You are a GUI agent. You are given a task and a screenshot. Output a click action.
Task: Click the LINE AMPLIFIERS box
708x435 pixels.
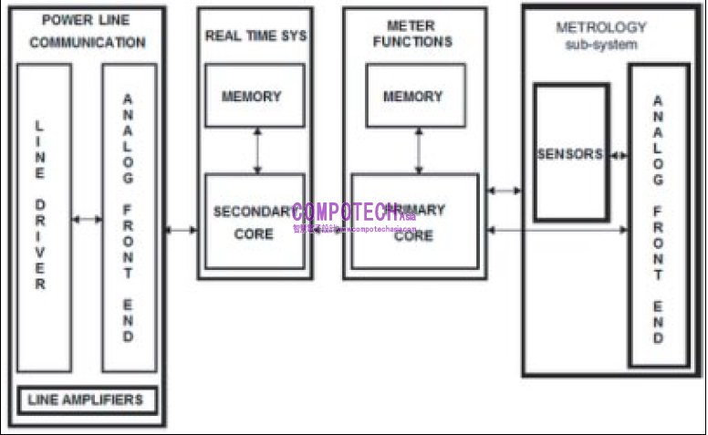(87, 399)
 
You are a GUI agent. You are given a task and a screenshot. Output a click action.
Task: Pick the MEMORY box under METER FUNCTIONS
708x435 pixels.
(415, 96)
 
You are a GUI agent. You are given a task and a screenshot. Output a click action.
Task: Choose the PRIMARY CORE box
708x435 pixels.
(415, 222)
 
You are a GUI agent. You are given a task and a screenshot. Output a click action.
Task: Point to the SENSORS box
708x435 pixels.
(571, 153)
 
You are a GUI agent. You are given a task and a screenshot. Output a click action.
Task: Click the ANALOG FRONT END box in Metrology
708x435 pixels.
(658, 215)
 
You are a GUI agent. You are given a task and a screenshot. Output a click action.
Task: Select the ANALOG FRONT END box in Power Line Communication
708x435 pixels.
(129, 219)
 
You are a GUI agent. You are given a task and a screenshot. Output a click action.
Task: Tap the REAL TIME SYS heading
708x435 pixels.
(255, 36)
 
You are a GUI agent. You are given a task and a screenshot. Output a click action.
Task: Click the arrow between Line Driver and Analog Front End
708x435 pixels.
(87, 219)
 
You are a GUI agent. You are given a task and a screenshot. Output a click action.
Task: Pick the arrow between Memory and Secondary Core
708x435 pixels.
(257, 150)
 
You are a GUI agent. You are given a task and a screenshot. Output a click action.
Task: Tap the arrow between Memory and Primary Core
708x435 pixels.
(419, 150)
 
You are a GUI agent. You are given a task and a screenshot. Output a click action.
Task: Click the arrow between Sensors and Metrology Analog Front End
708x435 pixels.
(619, 155)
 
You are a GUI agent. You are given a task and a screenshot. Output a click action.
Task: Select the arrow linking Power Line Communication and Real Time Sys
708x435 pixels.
(181, 229)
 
